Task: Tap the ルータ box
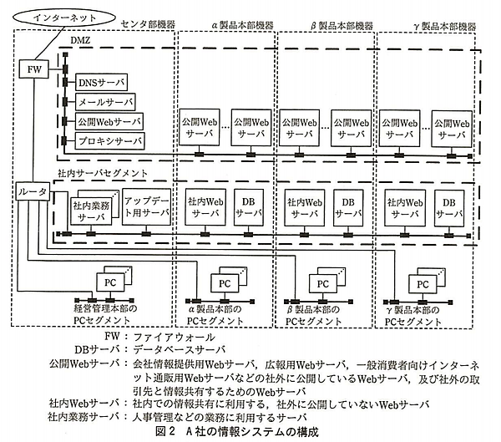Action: point(33,193)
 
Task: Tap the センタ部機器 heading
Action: point(144,26)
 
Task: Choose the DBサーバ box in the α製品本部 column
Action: point(248,207)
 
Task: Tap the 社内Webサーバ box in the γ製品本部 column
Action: point(402,207)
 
